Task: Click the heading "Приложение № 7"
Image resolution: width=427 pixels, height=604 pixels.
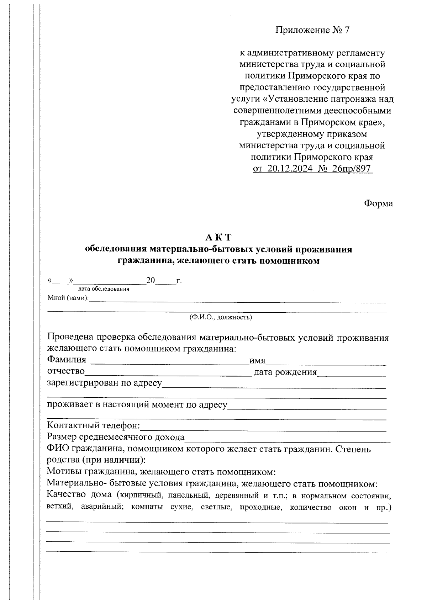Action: pos(312,30)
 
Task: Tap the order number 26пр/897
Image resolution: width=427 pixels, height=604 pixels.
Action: pos(351,169)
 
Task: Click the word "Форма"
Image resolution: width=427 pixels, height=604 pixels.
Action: pos(378,203)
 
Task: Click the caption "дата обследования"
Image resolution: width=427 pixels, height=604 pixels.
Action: pos(104,289)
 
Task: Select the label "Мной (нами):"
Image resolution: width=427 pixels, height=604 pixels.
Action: pos(68,298)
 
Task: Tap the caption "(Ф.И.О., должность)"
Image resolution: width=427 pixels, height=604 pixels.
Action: pos(221,317)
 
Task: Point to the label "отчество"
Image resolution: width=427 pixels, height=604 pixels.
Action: pos(66,372)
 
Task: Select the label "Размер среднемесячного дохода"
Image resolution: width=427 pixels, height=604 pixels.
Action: pos(116,437)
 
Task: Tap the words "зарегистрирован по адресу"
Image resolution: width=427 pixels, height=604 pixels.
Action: pos(104,383)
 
